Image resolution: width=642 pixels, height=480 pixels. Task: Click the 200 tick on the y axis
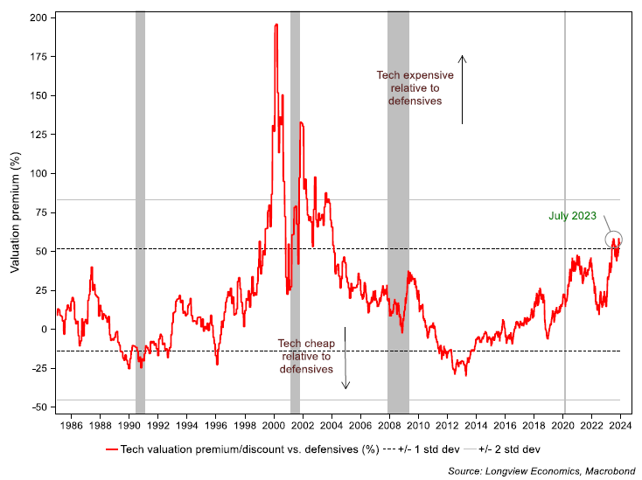click(x=40, y=17)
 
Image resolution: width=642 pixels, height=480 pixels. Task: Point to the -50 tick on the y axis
click(x=40, y=407)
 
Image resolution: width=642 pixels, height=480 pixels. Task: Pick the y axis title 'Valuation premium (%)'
click(x=15, y=212)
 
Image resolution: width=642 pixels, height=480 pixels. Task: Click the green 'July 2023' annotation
click(x=572, y=215)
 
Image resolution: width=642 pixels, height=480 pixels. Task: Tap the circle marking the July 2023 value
click(x=613, y=239)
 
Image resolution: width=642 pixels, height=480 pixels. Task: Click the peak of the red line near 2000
click(x=276, y=25)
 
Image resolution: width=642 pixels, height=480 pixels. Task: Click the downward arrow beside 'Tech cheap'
click(x=345, y=358)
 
